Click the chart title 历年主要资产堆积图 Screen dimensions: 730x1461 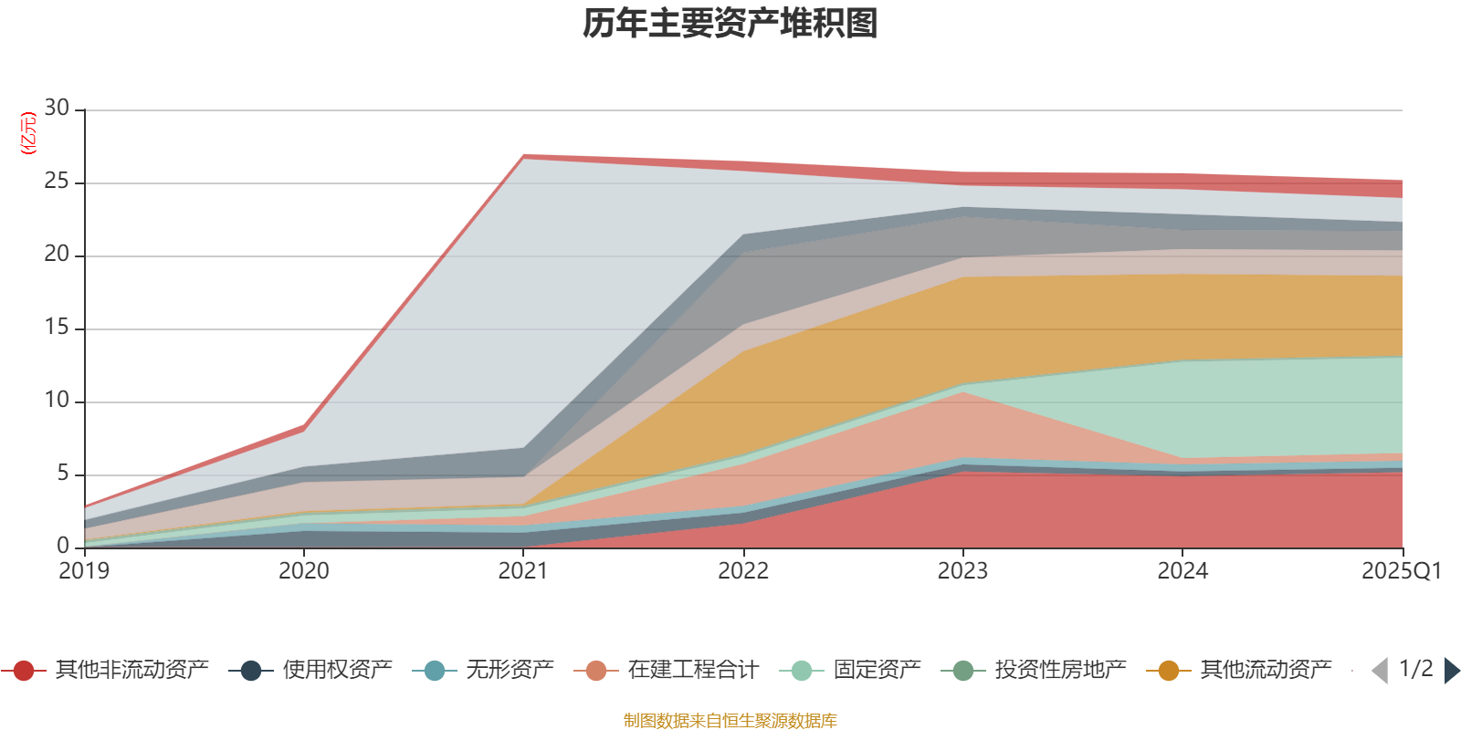pos(730,24)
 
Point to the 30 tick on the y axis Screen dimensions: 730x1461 pos(57,109)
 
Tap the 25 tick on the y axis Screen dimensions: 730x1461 pos(57,182)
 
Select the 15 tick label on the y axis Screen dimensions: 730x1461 pos(57,328)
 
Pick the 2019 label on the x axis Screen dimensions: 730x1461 pos(84,571)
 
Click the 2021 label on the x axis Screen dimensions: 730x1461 pos(523,571)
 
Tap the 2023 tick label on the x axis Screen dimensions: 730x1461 pos(962,571)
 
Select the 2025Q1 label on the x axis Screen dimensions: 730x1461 pos(1401,571)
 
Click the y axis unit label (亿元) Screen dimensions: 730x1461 pos(28,133)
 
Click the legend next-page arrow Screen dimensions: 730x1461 pos(1451,671)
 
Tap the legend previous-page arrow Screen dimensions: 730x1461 pos(1380,671)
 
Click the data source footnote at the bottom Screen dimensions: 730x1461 pos(730,721)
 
